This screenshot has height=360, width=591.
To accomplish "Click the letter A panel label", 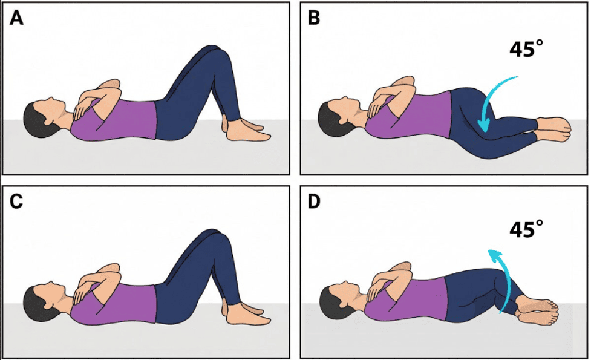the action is point(16,18).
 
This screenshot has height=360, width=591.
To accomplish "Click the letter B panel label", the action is point(313,18).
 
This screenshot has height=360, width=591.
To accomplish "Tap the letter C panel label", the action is point(16,201).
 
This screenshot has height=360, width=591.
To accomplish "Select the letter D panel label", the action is point(314,201).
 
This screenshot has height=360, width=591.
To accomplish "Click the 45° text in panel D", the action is point(526,229).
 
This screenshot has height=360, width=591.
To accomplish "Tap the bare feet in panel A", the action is point(246,129).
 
